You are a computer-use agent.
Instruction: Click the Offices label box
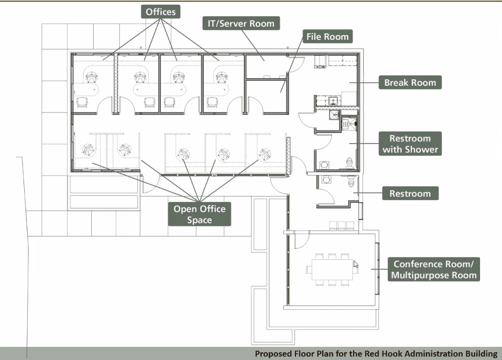coord(161,12)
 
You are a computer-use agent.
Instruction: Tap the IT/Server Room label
coord(241,24)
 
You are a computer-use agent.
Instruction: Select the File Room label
coord(328,37)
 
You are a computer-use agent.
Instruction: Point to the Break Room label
coord(410,82)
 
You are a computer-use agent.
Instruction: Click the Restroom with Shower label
coord(410,144)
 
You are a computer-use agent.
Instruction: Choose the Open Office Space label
coord(200,214)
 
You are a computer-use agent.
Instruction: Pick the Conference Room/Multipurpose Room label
coord(434,269)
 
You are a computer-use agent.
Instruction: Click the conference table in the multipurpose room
coord(333,270)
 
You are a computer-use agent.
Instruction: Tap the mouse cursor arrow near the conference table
coord(356,264)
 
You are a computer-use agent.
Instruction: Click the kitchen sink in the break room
coord(333,101)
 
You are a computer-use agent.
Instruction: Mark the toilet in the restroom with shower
coord(350,162)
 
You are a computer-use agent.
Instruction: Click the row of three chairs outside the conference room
coord(342,225)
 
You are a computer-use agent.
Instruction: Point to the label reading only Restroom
coord(410,193)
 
